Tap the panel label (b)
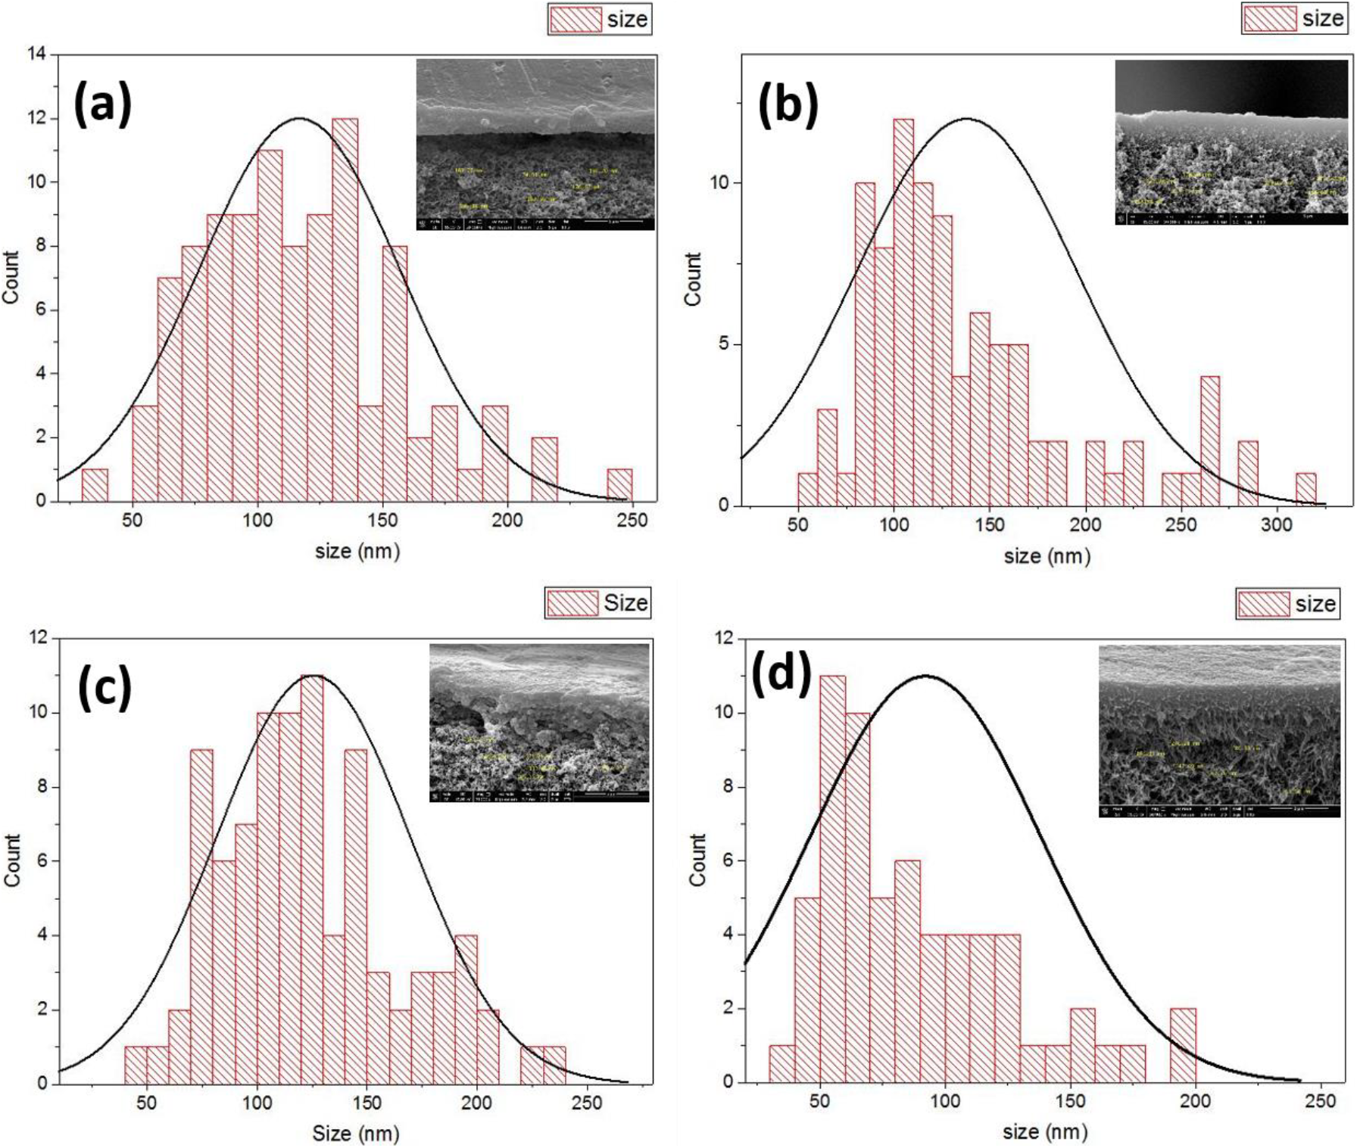coord(788,105)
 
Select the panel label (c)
coord(105,689)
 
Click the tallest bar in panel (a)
coord(345,310)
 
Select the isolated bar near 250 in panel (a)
coord(619,485)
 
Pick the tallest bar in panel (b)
coord(903,312)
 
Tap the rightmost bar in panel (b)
coord(1306,489)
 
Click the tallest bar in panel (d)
coord(832,878)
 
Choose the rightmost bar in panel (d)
coord(1183,1045)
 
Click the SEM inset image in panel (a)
coord(535,145)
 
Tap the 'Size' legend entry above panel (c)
coord(598,603)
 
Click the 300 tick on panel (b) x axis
coord(1277,524)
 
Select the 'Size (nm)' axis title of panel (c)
coord(355,1133)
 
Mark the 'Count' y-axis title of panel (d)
coord(697,860)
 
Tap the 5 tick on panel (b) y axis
coord(725,344)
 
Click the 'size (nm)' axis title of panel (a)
coord(357,551)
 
